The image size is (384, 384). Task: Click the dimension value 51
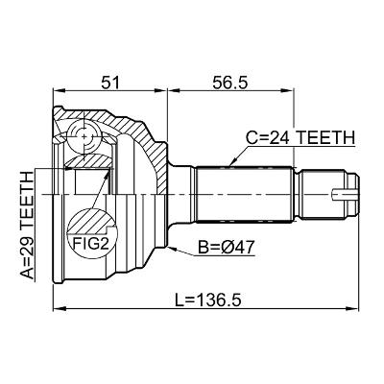coord(109,83)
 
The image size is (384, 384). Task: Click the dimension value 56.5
coord(229,83)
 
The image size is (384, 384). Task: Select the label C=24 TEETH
coord(300,138)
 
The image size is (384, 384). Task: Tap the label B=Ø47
coord(226,247)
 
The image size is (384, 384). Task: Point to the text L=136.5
coord(207,300)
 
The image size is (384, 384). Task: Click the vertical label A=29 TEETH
coord(27,226)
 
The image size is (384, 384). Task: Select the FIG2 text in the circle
coord(89,244)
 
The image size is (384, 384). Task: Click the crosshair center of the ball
coord(84,136)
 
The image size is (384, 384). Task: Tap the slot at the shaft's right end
coord(344,195)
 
